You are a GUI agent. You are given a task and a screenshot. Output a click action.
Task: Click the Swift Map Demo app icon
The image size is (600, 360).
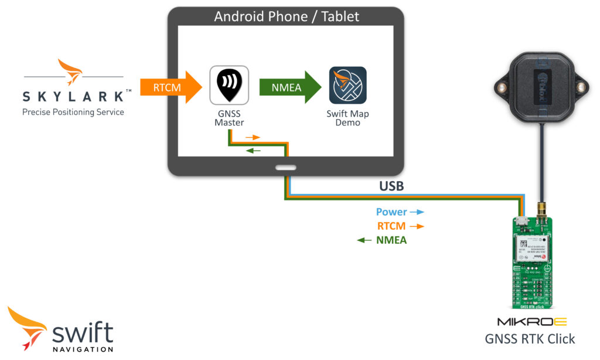(347, 86)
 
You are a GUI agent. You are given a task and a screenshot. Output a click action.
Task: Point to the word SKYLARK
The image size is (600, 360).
(73, 96)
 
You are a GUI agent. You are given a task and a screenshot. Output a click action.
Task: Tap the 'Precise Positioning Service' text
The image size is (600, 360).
(73, 112)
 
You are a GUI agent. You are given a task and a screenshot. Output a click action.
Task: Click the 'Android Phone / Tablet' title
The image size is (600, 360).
(286, 16)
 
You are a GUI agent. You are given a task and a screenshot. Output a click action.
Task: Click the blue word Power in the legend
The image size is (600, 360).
(391, 212)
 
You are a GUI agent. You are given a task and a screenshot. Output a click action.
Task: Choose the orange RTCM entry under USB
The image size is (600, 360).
(391, 226)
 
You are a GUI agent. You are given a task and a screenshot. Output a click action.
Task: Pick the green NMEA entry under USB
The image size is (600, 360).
(391, 240)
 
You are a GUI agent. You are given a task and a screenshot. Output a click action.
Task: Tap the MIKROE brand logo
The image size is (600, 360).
(531, 322)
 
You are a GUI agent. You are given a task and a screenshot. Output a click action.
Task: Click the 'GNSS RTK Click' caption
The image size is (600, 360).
(530, 339)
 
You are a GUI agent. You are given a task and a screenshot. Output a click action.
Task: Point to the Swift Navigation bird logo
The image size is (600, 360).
(27, 327)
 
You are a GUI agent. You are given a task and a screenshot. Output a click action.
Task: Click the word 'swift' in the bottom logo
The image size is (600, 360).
(83, 333)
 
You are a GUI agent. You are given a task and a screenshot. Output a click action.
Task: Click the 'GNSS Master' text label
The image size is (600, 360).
(229, 118)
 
